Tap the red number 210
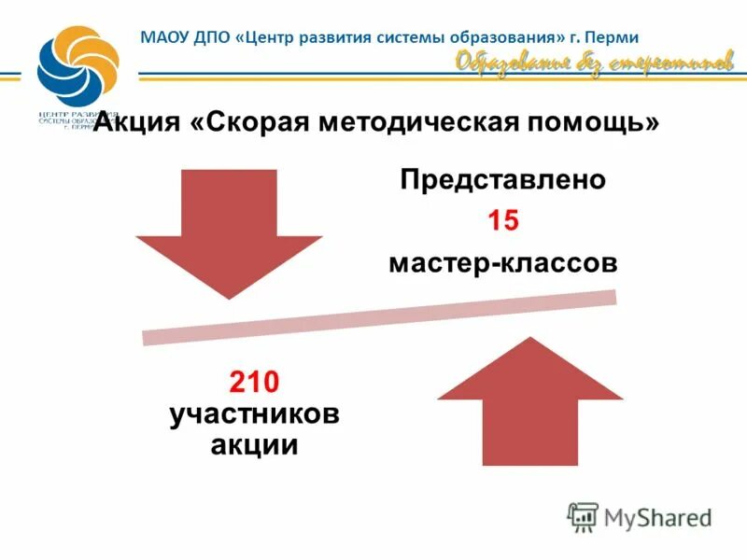coord(254,382)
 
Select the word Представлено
coord(503,179)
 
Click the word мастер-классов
coord(503,264)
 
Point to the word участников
coord(254,413)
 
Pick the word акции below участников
coord(254,444)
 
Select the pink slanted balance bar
coord(379,318)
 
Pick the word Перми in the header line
coord(613,38)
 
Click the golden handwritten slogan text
coord(595,63)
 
